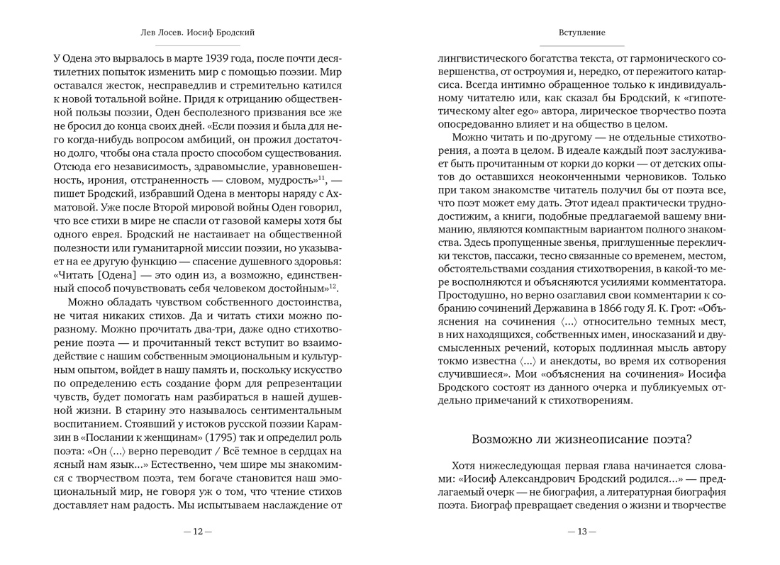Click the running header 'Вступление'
(581, 33)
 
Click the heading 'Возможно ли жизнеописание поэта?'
(581, 439)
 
